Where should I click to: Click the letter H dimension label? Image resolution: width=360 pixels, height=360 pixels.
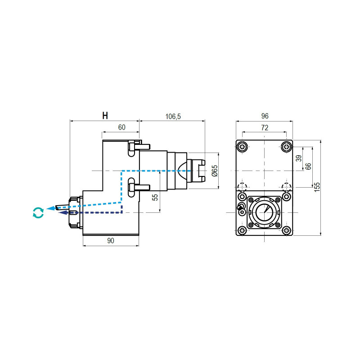(105, 116)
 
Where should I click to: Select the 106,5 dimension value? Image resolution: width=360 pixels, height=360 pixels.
(173, 117)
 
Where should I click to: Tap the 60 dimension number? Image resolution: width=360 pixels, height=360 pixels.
(121, 127)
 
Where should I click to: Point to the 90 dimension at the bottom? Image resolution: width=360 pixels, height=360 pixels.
(111, 241)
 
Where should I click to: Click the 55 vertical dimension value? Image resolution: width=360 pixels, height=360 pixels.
(155, 198)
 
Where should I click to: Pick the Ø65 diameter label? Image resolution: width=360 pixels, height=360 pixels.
(215, 171)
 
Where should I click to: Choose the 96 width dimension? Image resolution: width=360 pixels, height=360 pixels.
(265, 116)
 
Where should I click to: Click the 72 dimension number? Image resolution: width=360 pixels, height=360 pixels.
(265, 128)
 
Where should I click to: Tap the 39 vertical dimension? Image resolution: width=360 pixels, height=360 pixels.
(299, 158)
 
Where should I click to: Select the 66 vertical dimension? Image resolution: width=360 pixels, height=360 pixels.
(308, 166)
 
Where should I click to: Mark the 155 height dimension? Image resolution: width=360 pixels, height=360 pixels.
(317, 187)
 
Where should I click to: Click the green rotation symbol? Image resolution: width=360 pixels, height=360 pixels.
(38, 212)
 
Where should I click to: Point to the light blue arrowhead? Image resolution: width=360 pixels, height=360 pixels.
(50, 208)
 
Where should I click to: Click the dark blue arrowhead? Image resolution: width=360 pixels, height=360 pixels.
(63, 213)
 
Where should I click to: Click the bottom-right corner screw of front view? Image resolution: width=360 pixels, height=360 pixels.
(286, 230)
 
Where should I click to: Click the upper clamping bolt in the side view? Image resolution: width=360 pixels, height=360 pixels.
(139, 147)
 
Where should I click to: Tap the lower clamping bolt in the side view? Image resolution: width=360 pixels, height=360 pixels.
(139, 187)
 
